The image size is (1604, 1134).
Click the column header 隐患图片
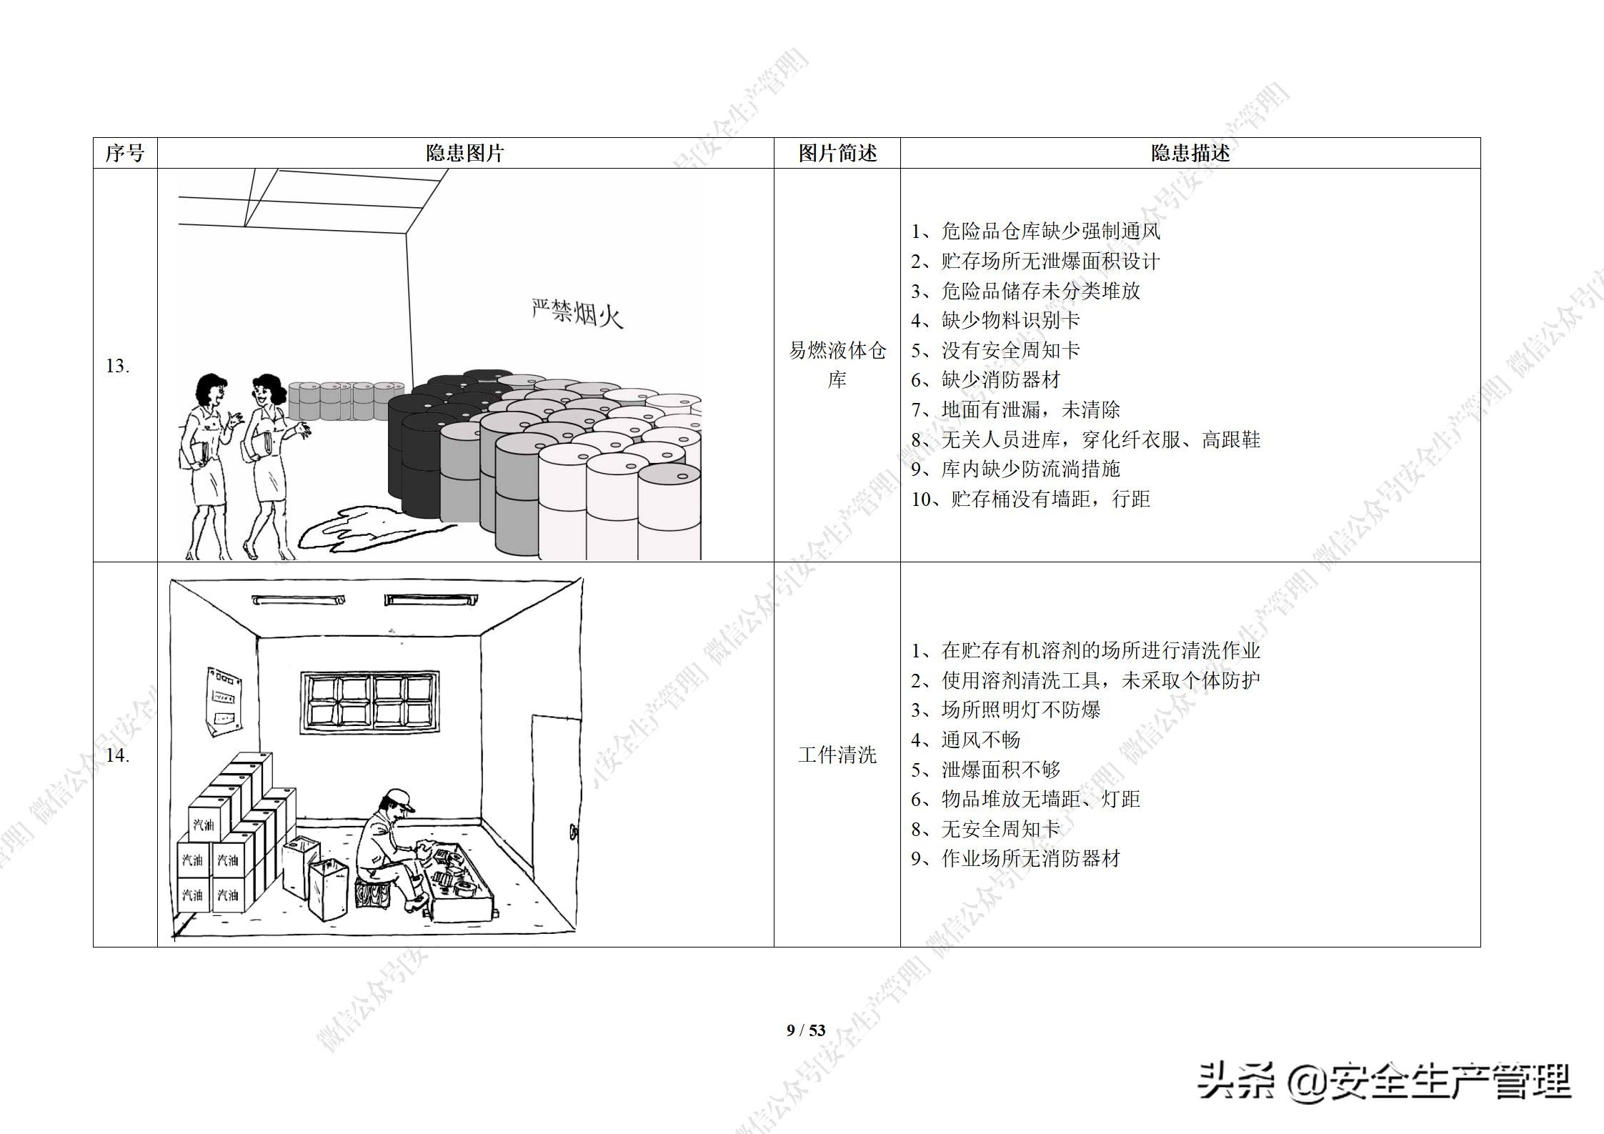465,153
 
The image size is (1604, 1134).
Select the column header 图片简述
837,153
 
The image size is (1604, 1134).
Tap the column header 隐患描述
1190,153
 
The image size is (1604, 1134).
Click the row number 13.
118,366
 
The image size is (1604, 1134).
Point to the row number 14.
118,755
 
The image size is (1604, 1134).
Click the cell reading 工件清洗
837,755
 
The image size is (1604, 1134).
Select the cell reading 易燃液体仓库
837,364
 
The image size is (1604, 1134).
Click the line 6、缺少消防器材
985,379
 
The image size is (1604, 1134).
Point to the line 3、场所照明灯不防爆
1005,710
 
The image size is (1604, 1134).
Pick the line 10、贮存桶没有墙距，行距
1030,499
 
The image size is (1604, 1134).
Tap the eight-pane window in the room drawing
369,702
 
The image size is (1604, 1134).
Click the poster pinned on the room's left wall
223,701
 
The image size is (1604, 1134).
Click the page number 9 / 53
806,1030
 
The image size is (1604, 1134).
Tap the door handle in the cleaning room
572,832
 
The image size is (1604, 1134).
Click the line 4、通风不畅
965,740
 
